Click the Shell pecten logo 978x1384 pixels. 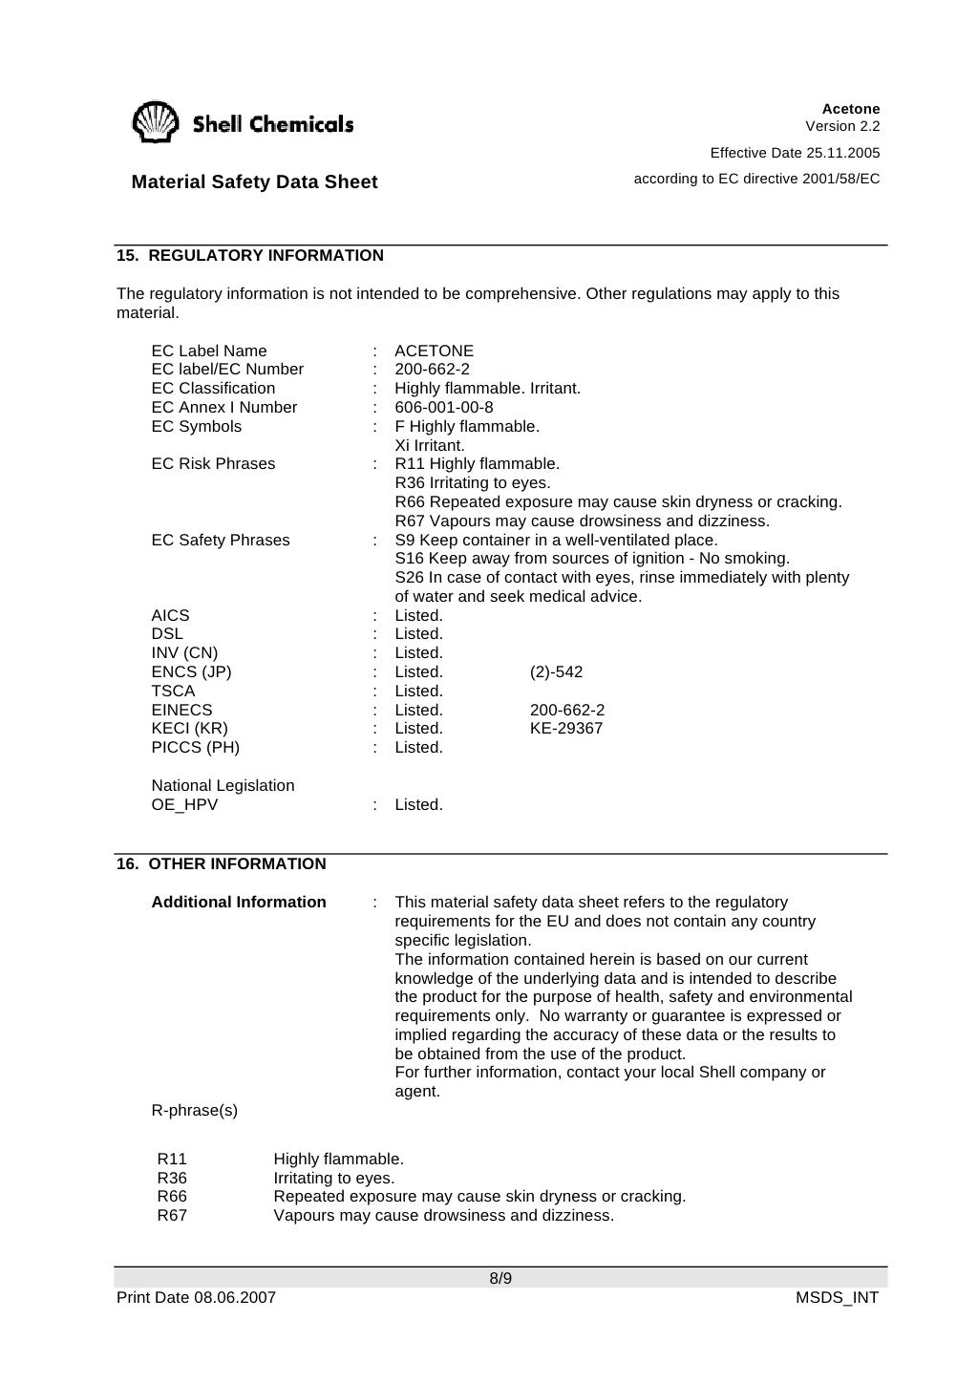click(155, 122)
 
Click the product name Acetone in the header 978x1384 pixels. click(850, 109)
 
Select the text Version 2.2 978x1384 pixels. click(842, 126)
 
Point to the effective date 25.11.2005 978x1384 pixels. click(843, 153)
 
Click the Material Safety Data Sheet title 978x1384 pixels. click(254, 181)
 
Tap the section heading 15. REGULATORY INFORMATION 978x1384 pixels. click(250, 255)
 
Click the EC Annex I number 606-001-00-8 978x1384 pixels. click(444, 407)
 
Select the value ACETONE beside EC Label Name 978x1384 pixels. click(434, 351)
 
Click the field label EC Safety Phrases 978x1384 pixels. click(220, 540)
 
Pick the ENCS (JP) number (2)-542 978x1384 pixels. click(556, 671)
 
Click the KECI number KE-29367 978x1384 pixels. click(566, 728)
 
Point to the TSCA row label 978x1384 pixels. click(173, 691)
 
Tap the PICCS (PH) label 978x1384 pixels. click(195, 747)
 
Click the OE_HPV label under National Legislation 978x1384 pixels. click(184, 804)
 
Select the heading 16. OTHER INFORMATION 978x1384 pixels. click(222, 863)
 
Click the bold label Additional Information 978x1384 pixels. click(239, 902)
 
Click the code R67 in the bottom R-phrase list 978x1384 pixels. click(172, 1215)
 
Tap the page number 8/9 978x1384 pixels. click(500, 1278)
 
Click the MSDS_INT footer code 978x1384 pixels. click(837, 1297)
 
